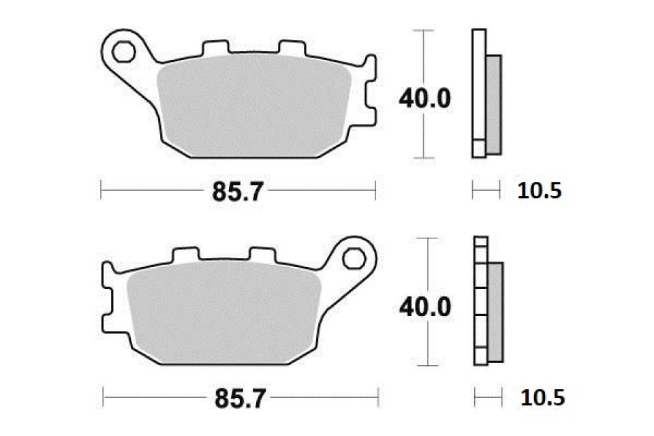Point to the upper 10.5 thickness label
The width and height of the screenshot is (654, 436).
539,191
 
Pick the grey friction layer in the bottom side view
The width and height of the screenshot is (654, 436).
495,311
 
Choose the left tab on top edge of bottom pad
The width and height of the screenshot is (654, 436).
184,255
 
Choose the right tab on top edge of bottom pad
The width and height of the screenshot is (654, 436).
262,255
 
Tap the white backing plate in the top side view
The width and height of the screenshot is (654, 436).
479,89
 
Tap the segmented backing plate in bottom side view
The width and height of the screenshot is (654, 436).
481,300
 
